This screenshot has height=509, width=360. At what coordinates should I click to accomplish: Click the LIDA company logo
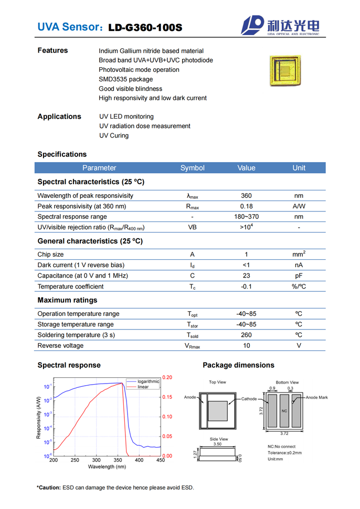(280, 25)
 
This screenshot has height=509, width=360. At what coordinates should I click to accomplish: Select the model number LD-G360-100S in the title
(145, 27)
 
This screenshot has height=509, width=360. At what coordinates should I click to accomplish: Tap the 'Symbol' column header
(193, 168)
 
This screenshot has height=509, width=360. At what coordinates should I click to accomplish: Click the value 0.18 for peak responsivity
(246, 206)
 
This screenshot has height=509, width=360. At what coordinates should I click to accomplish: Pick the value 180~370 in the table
(246, 217)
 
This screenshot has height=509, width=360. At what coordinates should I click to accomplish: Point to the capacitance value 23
(246, 275)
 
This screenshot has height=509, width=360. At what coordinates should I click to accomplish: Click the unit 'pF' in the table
(299, 275)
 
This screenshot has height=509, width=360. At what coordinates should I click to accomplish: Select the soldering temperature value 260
(246, 335)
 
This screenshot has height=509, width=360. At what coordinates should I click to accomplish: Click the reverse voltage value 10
(246, 346)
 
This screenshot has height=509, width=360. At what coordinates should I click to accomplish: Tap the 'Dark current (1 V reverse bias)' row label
(81, 265)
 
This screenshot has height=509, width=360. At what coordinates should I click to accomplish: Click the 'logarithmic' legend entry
(148, 381)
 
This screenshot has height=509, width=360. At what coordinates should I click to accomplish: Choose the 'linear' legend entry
(143, 387)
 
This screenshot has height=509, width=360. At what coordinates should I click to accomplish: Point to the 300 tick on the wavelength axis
(97, 460)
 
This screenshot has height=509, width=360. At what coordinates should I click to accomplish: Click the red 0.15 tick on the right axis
(167, 397)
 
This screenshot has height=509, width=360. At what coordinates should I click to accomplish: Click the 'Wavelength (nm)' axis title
(107, 466)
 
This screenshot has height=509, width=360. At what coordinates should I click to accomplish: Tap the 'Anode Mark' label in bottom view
(316, 398)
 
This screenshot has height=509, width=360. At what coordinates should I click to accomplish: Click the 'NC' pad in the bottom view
(284, 410)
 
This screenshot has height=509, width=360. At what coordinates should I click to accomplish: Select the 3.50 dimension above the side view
(217, 444)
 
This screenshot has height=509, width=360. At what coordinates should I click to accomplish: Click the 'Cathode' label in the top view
(249, 399)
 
